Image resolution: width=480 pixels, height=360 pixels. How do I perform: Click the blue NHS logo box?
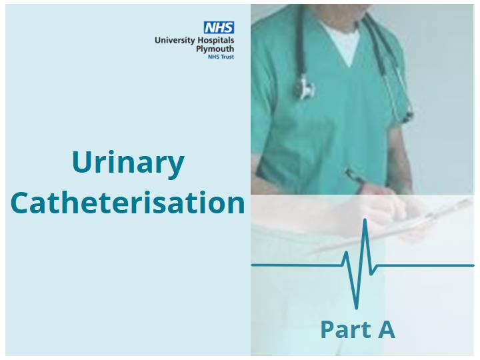219,27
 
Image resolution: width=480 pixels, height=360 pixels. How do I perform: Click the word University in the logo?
175,41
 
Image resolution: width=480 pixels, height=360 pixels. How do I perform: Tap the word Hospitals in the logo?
215,41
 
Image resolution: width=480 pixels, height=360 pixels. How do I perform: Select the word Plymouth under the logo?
215,49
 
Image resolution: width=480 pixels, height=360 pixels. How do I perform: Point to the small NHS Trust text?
221,57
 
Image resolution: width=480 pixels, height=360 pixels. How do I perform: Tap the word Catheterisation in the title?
127,203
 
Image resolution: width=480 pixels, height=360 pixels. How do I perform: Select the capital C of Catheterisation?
20,203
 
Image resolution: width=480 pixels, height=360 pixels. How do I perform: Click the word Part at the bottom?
346,329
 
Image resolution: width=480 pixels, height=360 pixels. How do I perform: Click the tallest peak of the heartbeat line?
365,219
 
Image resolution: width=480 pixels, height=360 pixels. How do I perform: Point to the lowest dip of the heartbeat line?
356,307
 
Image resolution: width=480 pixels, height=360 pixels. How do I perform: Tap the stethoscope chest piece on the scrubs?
304,87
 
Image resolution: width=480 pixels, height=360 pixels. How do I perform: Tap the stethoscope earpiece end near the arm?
408,116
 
